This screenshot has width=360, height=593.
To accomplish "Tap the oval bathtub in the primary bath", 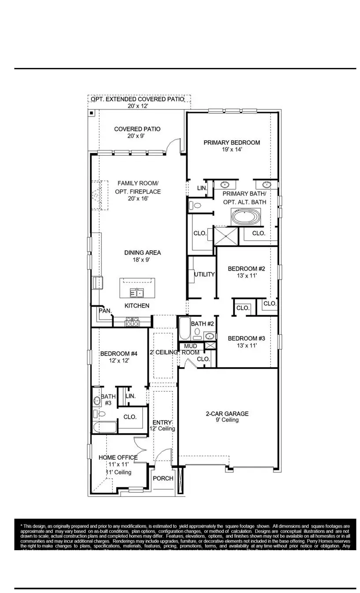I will point(246,217).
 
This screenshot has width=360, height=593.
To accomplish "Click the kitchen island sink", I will point(137,293).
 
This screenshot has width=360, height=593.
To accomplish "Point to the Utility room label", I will point(204,274).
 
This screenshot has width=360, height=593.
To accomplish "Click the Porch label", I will point(163,479).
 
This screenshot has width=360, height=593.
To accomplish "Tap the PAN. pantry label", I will point(105,311).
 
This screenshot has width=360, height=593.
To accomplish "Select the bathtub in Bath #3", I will point(105,428).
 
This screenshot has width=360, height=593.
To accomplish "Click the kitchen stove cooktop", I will point(132,322).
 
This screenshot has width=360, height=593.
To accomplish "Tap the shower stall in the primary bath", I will point(225,236).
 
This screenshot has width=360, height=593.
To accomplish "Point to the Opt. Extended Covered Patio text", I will point(137,100).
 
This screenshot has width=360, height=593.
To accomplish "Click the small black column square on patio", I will point(91,113).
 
